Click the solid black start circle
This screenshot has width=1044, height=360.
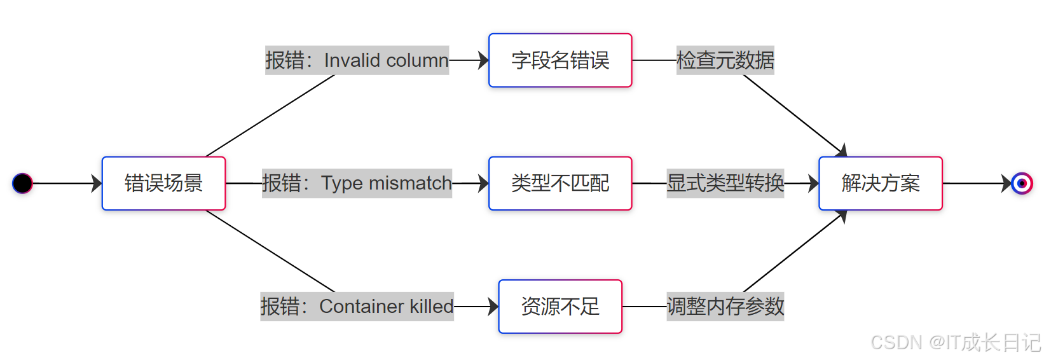(22, 183)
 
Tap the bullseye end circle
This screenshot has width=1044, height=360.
(1022, 183)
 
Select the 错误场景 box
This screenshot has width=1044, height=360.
(163, 183)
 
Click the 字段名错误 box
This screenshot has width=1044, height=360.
(560, 60)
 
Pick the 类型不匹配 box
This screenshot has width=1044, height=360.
(560, 183)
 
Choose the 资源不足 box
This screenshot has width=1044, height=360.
(560, 307)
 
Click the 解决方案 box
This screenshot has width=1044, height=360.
(881, 183)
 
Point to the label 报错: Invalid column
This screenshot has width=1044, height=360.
(357, 60)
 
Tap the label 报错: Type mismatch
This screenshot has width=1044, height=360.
(357, 183)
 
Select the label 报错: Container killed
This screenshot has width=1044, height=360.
(357, 307)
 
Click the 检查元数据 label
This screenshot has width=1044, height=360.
(725, 60)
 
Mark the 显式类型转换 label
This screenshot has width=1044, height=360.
(725, 183)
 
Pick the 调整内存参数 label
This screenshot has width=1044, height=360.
(725, 307)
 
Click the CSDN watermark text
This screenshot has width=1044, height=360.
(955, 343)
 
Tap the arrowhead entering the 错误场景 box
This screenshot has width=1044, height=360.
(97, 183)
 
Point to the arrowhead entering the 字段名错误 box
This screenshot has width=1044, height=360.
(484, 60)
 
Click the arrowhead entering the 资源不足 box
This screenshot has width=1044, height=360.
(494, 307)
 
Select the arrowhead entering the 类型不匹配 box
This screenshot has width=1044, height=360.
(484, 183)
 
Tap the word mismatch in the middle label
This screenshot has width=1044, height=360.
(410, 183)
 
